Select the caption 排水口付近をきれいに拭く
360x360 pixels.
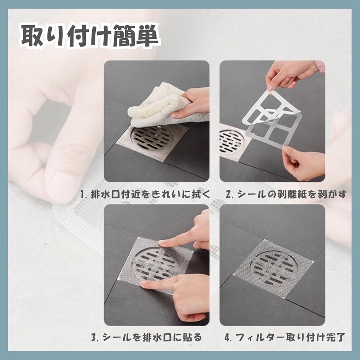(151, 194)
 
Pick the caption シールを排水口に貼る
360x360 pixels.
(152, 337)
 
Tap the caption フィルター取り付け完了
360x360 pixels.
(290, 337)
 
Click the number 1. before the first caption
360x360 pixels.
(83, 195)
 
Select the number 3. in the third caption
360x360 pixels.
(95, 337)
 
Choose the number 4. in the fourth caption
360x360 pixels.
(228, 337)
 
